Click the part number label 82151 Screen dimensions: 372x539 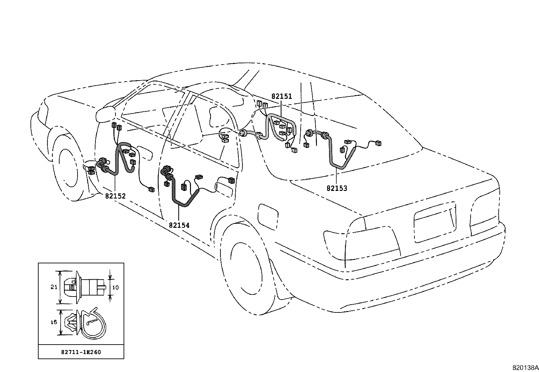(281, 96)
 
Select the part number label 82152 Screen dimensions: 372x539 (115, 196)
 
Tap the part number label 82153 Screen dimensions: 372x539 (337, 189)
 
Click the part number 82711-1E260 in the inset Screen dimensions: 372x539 (81, 352)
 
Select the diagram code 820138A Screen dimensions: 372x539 (525, 368)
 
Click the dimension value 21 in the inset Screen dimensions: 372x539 (53, 287)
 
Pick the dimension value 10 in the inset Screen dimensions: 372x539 (115, 287)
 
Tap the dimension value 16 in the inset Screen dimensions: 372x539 (53, 323)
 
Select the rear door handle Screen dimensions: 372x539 (224, 185)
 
